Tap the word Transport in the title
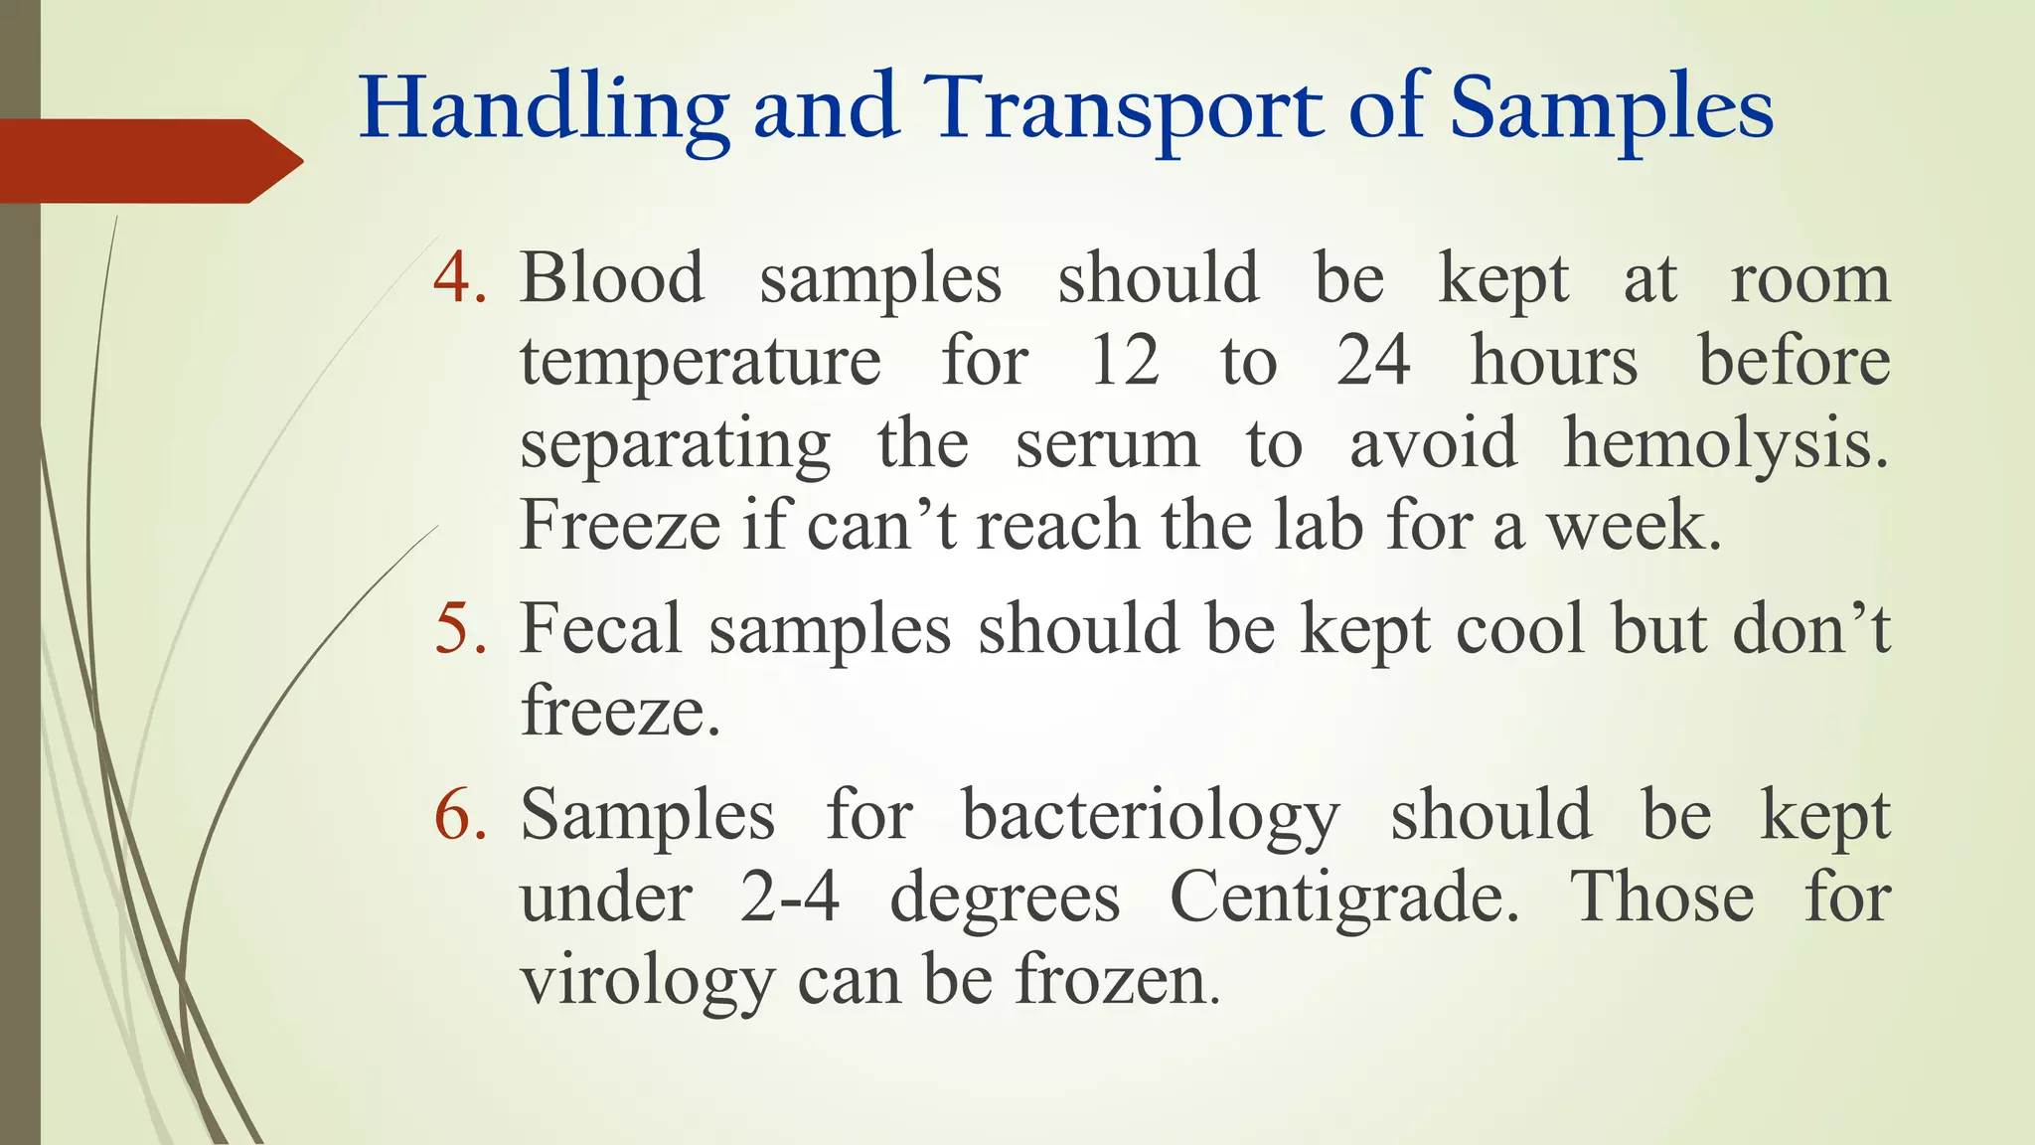point(1123,109)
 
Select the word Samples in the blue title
point(1611,109)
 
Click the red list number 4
point(459,277)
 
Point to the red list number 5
point(459,629)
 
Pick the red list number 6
point(459,815)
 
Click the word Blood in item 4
point(612,277)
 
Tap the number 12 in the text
point(1124,360)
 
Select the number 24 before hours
point(1372,360)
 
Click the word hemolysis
point(1725,443)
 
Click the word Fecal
point(601,629)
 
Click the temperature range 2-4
point(789,898)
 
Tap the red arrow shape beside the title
point(149,161)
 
